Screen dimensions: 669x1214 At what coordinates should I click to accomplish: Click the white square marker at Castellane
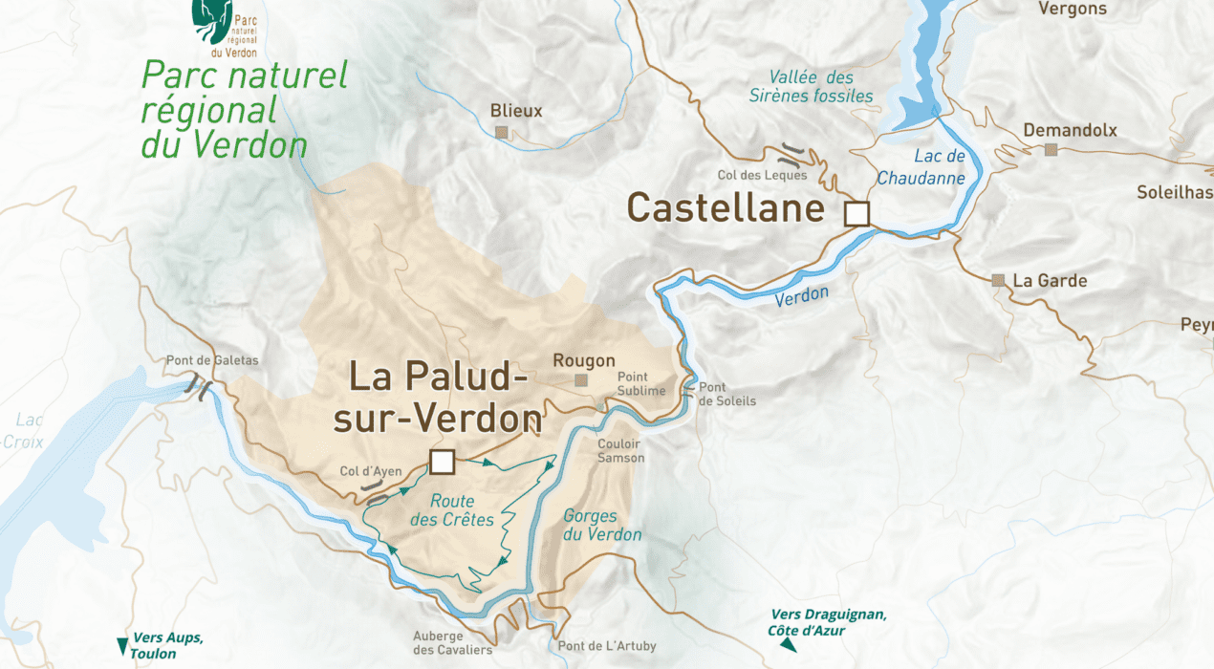coord(857,214)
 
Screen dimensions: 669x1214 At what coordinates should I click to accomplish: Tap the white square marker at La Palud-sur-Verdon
coord(441,462)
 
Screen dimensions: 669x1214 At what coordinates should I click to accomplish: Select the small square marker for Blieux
coord(502,132)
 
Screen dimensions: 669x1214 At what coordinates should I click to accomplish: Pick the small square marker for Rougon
coord(580,380)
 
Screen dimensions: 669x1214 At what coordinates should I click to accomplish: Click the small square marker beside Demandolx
coord(1051,149)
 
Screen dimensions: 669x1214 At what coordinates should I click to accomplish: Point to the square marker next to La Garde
coord(998,280)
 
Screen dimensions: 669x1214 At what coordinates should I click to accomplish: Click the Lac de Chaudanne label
coord(921,167)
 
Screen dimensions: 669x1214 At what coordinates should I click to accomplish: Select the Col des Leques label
coord(762,175)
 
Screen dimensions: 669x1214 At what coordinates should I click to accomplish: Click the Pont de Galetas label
coord(212,360)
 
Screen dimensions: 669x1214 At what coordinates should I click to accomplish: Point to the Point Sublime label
coord(640,383)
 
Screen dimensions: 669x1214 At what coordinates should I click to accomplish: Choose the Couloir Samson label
coord(620,451)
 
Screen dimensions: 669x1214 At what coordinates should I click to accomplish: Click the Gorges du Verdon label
coord(602,525)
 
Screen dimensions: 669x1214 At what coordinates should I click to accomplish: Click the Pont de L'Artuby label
coord(607,646)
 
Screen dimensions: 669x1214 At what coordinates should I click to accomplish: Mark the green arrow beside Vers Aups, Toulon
coord(122,646)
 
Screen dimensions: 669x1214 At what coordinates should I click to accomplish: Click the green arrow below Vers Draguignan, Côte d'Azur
coord(788,646)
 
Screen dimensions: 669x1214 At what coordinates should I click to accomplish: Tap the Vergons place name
coord(1072,9)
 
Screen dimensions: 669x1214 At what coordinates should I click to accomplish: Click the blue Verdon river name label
coord(801,297)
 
